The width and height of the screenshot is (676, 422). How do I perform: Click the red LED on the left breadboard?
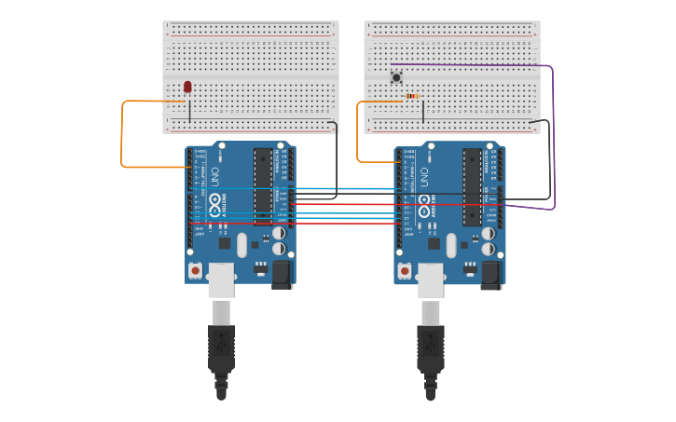[187, 87]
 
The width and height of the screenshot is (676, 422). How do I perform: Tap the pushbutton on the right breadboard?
[396, 77]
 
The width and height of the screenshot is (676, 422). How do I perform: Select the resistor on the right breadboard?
[413, 95]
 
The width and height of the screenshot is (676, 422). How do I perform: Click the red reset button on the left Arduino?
[195, 270]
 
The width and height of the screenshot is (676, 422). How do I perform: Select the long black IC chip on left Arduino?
[263, 186]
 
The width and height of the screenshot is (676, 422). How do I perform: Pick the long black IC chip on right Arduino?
[472, 186]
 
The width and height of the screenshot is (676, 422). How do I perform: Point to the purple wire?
[554, 140]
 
